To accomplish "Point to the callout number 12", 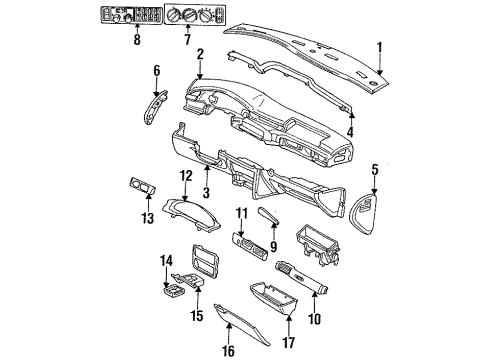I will click(185, 176).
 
